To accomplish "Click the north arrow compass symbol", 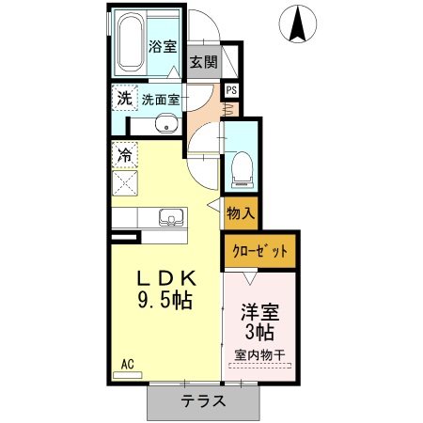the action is [x=298, y=23].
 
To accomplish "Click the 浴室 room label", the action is [x=163, y=46].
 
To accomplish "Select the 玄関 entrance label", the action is [x=204, y=61].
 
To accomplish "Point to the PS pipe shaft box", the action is [x=232, y=90].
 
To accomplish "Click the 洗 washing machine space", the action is [x=125, y=98].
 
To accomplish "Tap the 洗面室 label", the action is [x=161, y=100].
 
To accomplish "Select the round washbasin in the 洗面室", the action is [x=166, y=123].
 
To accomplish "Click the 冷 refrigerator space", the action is [x=125, y=155].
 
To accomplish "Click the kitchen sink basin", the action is [x=171, y=217].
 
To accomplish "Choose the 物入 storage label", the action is [x=241, y=213].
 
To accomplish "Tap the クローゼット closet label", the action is [x=259, y=251].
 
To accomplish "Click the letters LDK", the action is [x=167, y=278].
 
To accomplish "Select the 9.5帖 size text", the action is [x=164, y=301].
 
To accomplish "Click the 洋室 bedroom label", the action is [x=260, y=312].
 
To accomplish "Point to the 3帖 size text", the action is [x=259, y=332].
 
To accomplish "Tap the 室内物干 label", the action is [x=259, y=355].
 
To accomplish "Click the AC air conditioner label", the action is [x=128, y=365].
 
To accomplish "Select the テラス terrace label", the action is [x=204, y=400].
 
